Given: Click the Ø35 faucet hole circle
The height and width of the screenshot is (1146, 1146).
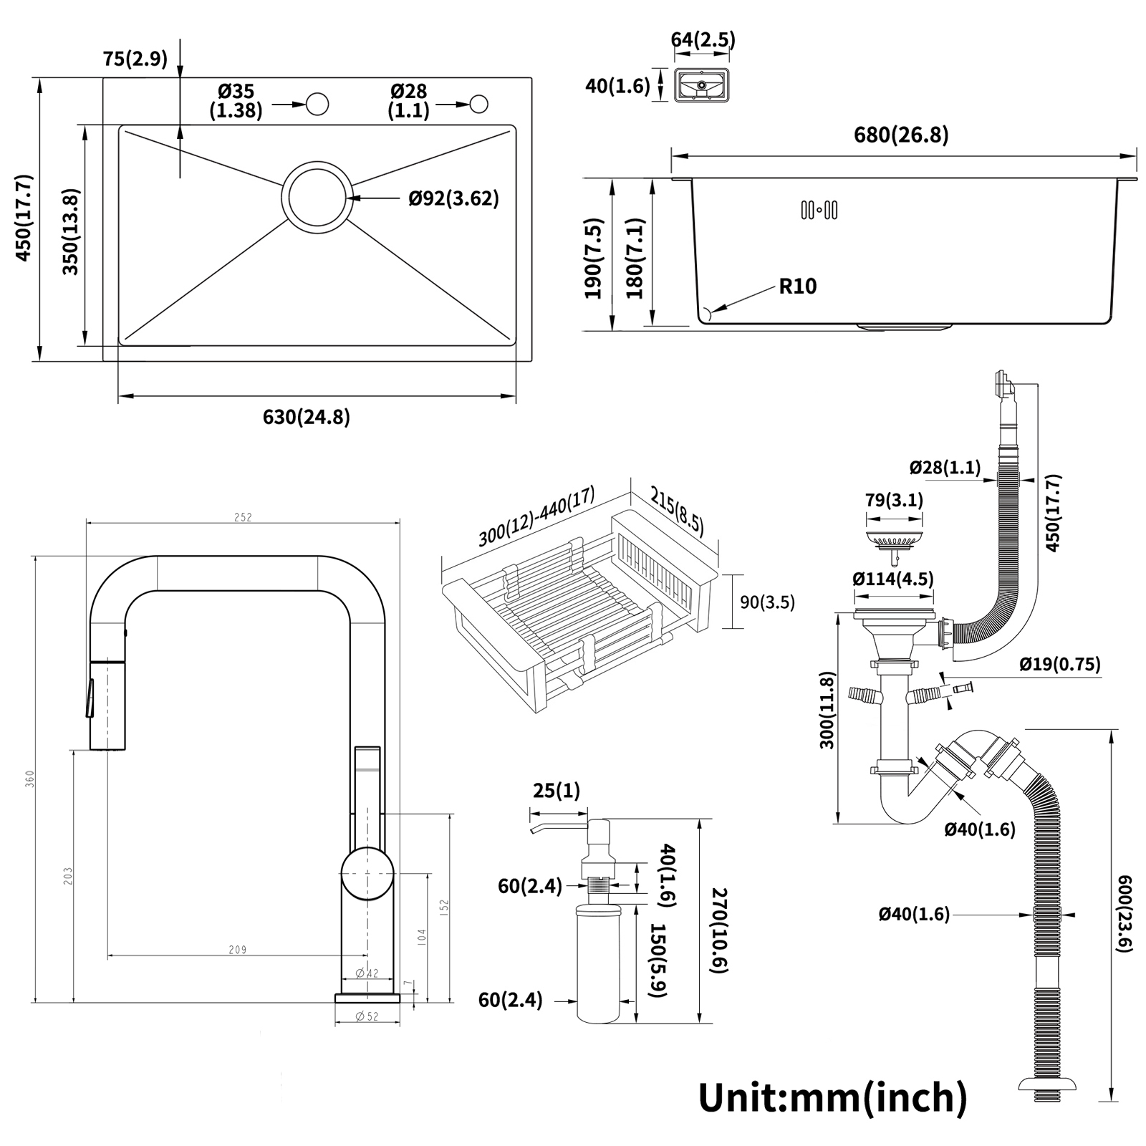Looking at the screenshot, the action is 317,105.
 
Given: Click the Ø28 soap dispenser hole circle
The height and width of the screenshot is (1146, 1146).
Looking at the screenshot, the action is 479,105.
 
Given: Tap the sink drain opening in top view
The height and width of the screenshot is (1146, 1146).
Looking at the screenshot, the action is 316,197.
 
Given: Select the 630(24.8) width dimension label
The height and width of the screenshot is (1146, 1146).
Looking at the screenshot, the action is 307,417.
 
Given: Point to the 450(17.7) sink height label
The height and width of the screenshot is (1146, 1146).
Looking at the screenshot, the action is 23,218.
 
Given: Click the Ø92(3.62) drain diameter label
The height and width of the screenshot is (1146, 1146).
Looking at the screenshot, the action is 454,198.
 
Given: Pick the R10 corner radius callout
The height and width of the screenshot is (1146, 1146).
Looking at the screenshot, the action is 798,286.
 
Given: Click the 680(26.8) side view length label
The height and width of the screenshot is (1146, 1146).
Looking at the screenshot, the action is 901,135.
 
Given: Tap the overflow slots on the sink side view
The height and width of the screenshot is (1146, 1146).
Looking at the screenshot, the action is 819,210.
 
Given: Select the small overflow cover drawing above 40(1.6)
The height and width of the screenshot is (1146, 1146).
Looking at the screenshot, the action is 702,86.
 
